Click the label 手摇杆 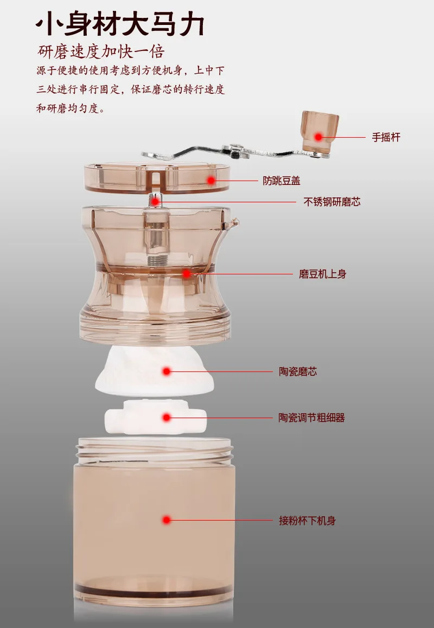click(386, 137)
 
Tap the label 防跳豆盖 click(282, 181)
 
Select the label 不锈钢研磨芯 click(332, 202)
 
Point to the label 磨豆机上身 click(323, 274)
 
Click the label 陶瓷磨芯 click(298, 371)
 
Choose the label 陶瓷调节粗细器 click(312, 418)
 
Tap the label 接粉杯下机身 click(308, 521)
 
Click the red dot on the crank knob click(318, 137)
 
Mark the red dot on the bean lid click(211, 181)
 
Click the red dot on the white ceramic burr click(167, 371)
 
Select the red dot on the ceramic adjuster click(167, 418)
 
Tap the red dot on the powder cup click(167, 521)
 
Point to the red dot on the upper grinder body click(186, 274)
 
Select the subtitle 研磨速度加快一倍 click(101, 52)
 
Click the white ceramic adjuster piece click(156, 418)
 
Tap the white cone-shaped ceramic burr click(154, 371)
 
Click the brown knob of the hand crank click(320, 131)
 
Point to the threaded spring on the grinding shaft click(157, 260)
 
